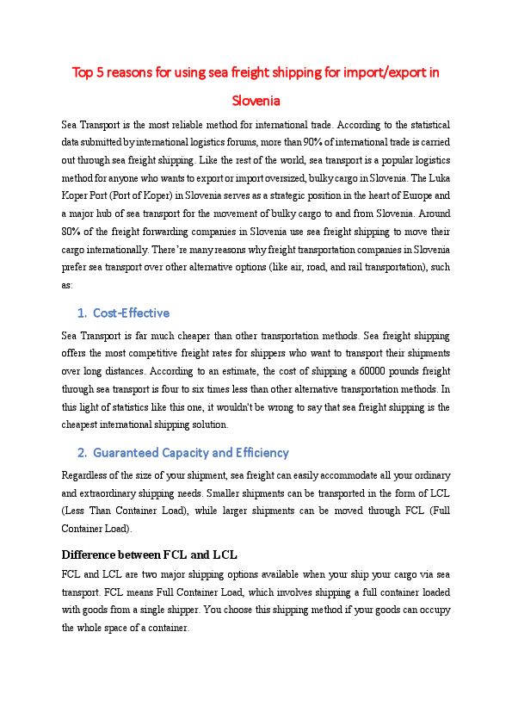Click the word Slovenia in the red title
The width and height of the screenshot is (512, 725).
[256, 101]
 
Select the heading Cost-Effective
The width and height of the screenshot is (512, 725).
[131, 313]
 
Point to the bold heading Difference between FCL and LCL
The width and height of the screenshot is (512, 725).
[150, 553]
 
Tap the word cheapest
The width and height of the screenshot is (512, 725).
[83, 424]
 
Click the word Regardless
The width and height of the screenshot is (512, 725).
[86, 475]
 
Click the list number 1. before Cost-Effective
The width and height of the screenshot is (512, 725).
[82, 313]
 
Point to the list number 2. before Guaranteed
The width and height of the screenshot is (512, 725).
[82, 452]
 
